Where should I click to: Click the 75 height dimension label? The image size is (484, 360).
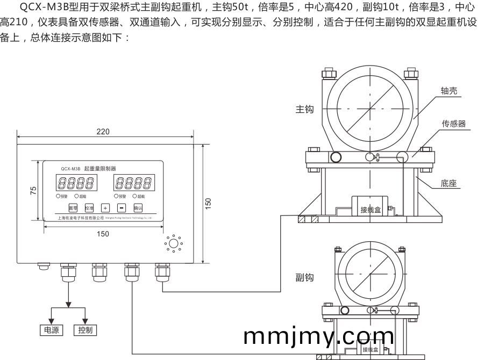point(33,191)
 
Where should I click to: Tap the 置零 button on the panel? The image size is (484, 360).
point(73,207)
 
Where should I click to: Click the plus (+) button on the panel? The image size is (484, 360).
point(105,207)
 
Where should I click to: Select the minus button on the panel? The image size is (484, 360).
point(122,207)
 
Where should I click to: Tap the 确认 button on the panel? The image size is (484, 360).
point(138,207)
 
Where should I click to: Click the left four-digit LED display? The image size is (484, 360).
point(77,183)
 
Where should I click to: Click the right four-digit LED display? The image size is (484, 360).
point(134,183)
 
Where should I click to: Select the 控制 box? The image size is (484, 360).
point(85,330)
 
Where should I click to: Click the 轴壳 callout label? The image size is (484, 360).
point(449,91)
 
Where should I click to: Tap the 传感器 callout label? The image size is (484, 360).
point(453,124)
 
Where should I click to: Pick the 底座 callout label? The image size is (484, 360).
point(448,183)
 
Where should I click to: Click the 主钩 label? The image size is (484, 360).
point(304,109)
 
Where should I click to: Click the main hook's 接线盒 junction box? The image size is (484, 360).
point(371,208)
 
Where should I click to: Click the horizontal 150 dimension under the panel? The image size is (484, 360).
point(103,234)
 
